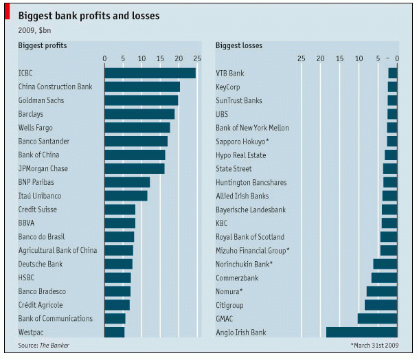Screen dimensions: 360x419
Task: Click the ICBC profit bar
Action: [x=150, y=73]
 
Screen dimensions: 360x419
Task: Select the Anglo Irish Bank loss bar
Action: [x=361, y=332]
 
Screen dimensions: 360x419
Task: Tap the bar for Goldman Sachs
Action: [x=141, y=100]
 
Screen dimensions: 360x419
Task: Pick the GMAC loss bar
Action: [x=377, y=318]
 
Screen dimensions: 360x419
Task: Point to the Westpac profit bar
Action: [x=114, y=332]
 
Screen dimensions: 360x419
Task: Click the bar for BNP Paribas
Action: [x=127, y=182]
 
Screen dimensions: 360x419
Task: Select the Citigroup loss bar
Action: [x=381, y=304]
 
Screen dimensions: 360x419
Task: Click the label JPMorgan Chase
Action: [x=43, y=168]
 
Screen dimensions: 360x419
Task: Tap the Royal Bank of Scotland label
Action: [x=249, y=237]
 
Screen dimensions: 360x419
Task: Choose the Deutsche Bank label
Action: [x=40, y=264]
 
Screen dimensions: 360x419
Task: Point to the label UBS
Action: [x=223, y=114]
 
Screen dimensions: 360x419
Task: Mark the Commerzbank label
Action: [x=237, y=278]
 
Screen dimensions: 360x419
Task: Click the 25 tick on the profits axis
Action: [x=197, y=58]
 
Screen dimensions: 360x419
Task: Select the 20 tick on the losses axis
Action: [x=320, y=58]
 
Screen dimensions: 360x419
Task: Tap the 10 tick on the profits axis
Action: [x=141, y=58]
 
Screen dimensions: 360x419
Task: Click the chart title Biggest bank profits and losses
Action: [x=89, y=15]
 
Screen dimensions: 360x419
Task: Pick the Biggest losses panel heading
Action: [x=239, y=45]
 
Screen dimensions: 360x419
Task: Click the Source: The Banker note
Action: [x=43, y=345]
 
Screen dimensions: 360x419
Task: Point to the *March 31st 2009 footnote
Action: [x=375, y=345]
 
